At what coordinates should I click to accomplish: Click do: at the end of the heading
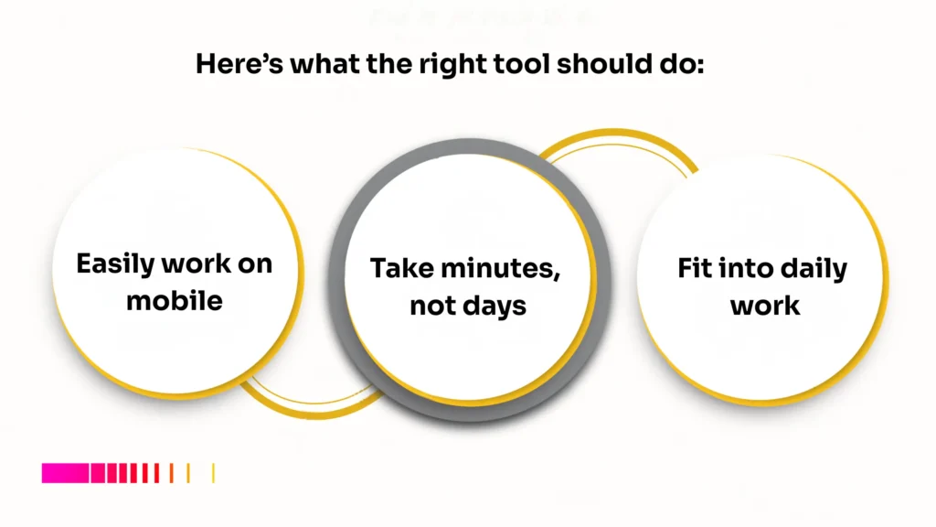[680, 65]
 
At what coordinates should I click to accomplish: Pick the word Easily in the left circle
[116, 264]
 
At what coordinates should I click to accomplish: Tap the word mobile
[175, 300]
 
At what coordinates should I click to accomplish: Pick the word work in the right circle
[765, 305]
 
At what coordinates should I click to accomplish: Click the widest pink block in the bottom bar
[65, 473]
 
